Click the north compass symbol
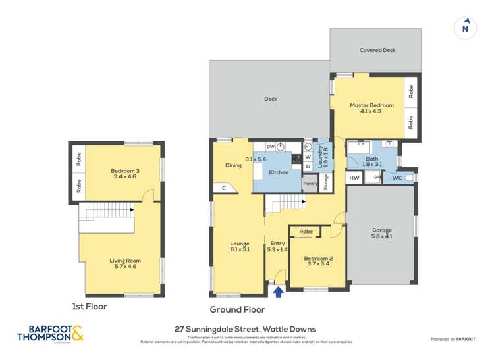tap(465, 28)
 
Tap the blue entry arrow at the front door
tap(279, 291)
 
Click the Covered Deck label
tap(377, 50)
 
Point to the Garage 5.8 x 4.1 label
tap(381, 233)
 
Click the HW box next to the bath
tap(354, 178)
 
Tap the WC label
tap(397, 178)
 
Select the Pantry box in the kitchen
tap(310, 184)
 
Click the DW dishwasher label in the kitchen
tap(270, 147)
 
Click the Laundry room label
tap(322, 159)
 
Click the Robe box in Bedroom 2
tap(306, 232)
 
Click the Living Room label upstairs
tap(121, 264)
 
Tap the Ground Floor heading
tap(237, 309)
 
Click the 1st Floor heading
tap(89, 306)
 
